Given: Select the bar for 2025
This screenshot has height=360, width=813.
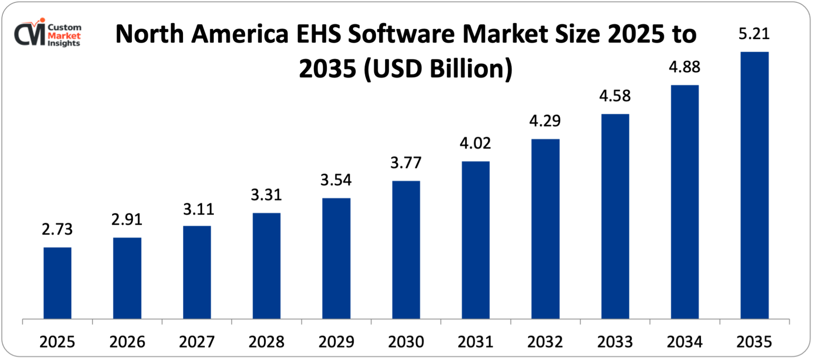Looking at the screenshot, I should [57, 283].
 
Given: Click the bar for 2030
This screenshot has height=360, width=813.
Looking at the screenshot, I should [406, 249].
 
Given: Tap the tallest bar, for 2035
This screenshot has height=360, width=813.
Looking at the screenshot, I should [754, 185].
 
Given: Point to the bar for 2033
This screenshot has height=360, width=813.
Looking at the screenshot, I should [615, 216].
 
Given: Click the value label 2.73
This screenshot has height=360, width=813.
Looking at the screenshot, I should [57, 230].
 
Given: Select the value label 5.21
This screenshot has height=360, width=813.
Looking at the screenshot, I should [754, 34].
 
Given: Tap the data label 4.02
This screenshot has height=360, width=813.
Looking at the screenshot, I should [475, 143].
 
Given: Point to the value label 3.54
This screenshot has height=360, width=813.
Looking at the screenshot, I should [336, 180].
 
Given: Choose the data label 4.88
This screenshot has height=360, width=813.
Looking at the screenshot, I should [685, 67].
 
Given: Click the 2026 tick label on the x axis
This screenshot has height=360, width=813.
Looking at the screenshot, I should [127, 342].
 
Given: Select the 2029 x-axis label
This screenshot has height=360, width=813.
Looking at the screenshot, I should [336, 342].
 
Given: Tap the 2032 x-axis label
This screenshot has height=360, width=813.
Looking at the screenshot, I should [545, 342].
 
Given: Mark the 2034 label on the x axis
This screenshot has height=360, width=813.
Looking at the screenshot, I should [685, 342].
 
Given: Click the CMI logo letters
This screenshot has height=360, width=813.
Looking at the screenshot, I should [29, 34].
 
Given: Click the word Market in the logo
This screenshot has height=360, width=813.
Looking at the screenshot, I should [64, 35].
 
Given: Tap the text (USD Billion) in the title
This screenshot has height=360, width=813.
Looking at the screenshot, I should [438, 69].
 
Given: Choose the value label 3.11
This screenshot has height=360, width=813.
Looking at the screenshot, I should [198, 210].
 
